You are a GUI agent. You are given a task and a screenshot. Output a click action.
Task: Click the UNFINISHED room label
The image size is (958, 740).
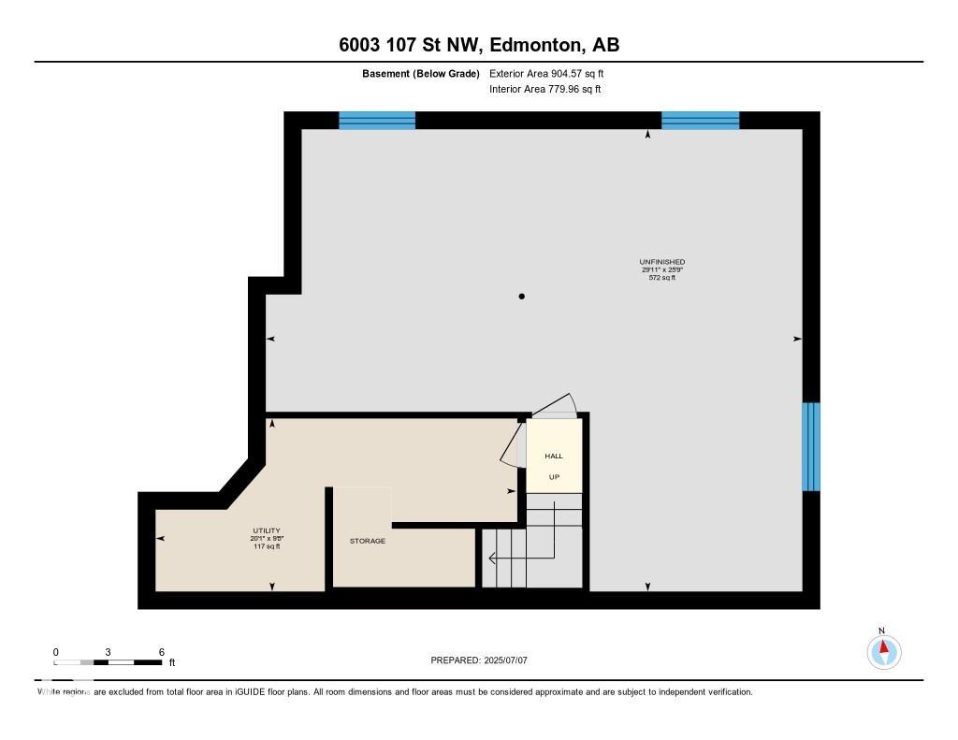pyautogui.click(x=661, y=262)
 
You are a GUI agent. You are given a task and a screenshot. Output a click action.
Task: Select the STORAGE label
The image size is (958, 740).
pyautogui.click(x=368, y=541)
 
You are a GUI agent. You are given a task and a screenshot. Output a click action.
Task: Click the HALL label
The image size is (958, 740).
pyautogui.click(x=554, y=457)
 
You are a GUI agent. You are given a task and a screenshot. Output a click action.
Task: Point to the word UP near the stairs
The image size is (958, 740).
pyautogui.click(x=554, y=477)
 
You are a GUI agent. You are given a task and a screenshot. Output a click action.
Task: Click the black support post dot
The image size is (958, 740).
pyautogui.click(x=522, y=297)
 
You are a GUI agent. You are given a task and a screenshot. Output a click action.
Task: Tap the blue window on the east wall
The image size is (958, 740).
pyautogui.click(x=811, y=446)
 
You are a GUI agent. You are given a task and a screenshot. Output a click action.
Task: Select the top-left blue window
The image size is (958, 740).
pyautogui.click(x=376, y=120)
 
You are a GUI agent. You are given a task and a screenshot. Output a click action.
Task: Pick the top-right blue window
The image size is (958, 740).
pyautogui.click(x=700, y=120)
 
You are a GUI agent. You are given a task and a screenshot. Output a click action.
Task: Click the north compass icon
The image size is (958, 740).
pyautogui.click(x=883, y=650)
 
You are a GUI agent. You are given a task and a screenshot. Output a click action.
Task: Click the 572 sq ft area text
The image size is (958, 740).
pyautogui.click(x=661, y=278)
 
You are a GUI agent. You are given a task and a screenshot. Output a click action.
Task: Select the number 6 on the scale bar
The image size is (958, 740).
pyautogui.click(x=162, y=652)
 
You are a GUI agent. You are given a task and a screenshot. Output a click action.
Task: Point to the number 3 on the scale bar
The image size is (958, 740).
pyautogui.click(x=109, y=652)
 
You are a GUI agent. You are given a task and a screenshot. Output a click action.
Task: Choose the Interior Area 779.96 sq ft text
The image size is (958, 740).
pyautogui.click(x=544, y=90)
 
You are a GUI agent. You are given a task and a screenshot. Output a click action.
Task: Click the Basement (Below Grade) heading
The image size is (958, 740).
pyautogui.click(x=421, y=73)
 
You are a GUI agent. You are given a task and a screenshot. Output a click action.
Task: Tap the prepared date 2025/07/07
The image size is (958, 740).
pyautogui.click(x=512, y=660)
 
